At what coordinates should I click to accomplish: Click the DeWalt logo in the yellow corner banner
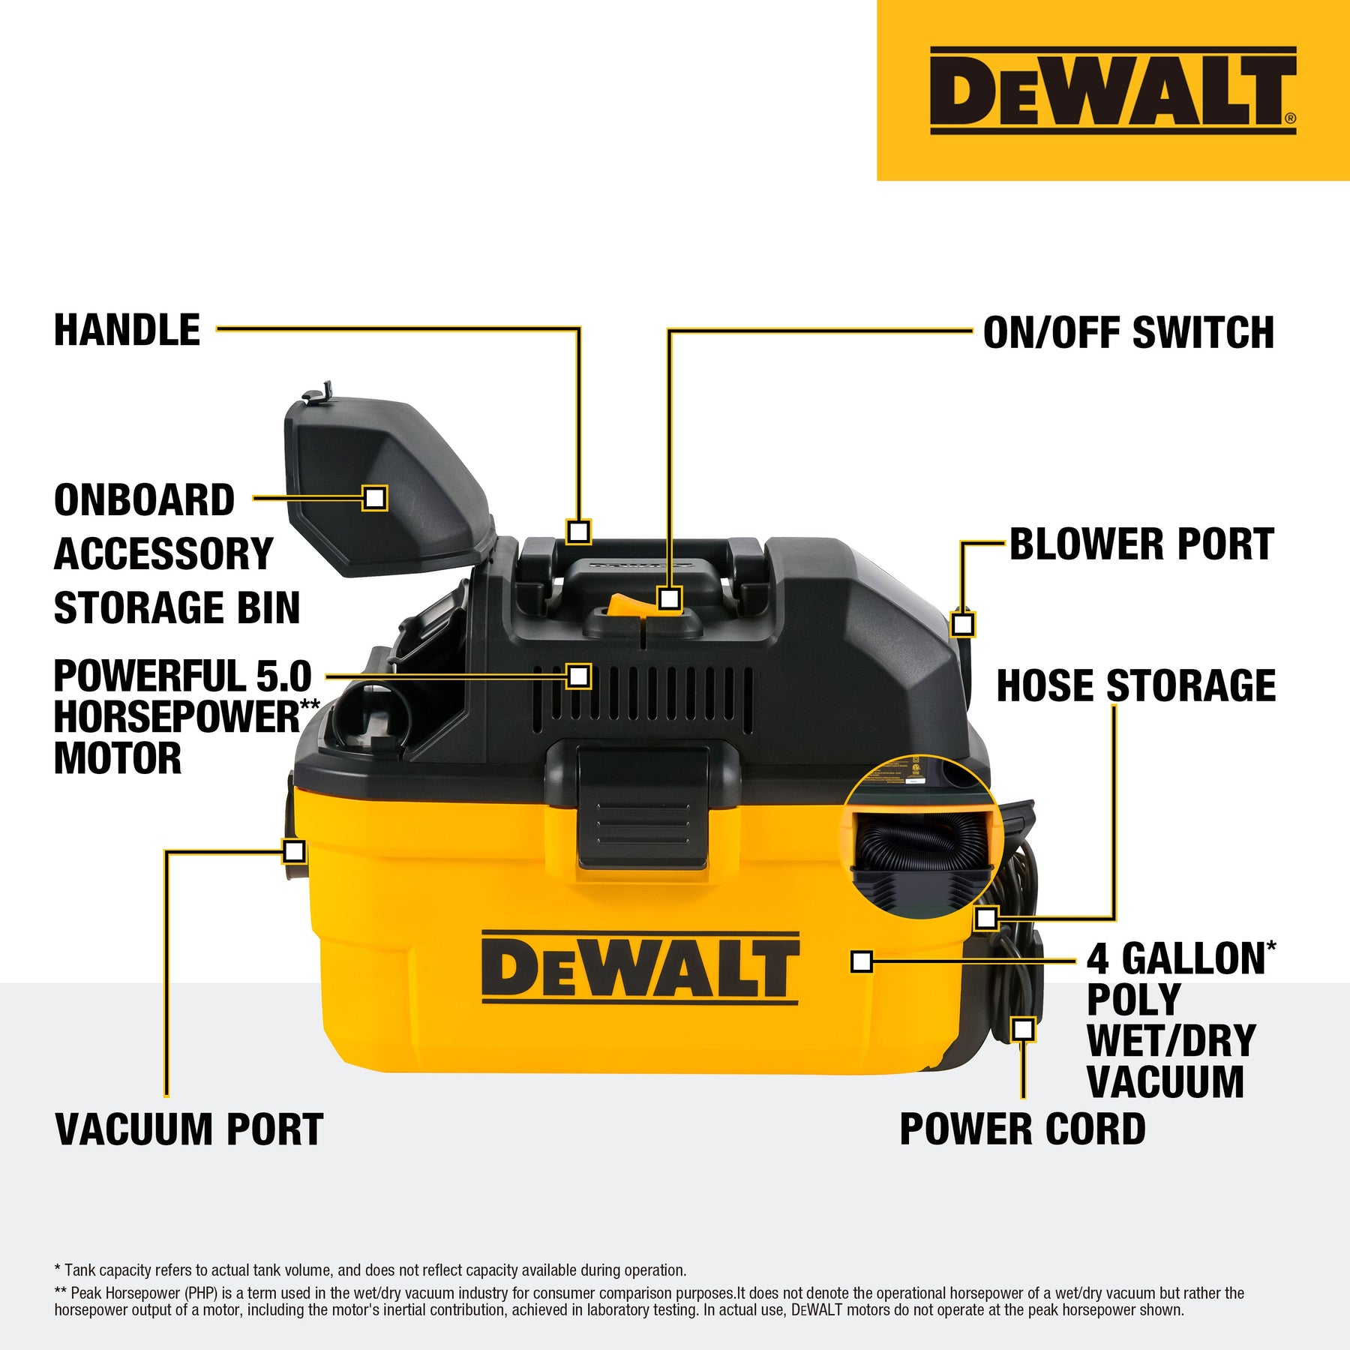1113,90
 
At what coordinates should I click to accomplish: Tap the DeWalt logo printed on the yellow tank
640,967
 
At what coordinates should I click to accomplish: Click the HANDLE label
127,330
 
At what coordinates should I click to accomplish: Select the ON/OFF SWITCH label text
1128,332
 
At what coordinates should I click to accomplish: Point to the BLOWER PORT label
1141,544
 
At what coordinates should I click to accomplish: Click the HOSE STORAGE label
1135,685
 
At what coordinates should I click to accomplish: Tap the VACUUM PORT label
190,1129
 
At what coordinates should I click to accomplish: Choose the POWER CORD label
1022,1129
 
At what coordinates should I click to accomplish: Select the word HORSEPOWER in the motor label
177,717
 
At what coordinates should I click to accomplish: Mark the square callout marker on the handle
578,532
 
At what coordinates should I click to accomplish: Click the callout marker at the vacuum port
295,851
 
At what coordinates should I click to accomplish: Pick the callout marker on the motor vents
578,676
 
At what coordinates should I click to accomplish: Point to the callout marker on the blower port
963,624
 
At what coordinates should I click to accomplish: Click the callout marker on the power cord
1023,1029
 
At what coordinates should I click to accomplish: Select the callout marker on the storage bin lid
375,498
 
